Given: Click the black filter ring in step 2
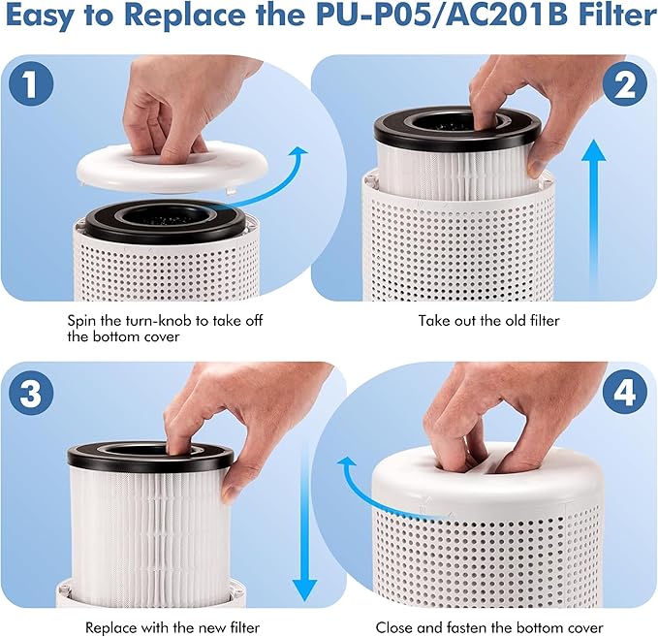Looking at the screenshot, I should (451, 125).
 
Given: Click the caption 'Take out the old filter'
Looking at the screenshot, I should (488, 320).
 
